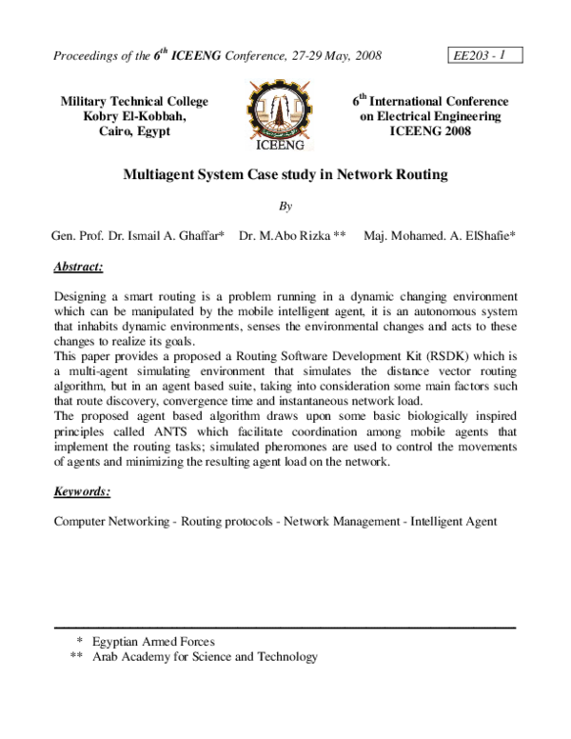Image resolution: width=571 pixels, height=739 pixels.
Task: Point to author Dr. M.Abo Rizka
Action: [x=292, y=235]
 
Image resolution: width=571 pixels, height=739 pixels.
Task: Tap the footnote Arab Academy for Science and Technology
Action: [x=205, y=657]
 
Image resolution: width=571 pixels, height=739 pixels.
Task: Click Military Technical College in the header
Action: [x=134, y=101]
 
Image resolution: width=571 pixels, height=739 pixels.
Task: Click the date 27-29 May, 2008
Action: [x=324, y=56]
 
